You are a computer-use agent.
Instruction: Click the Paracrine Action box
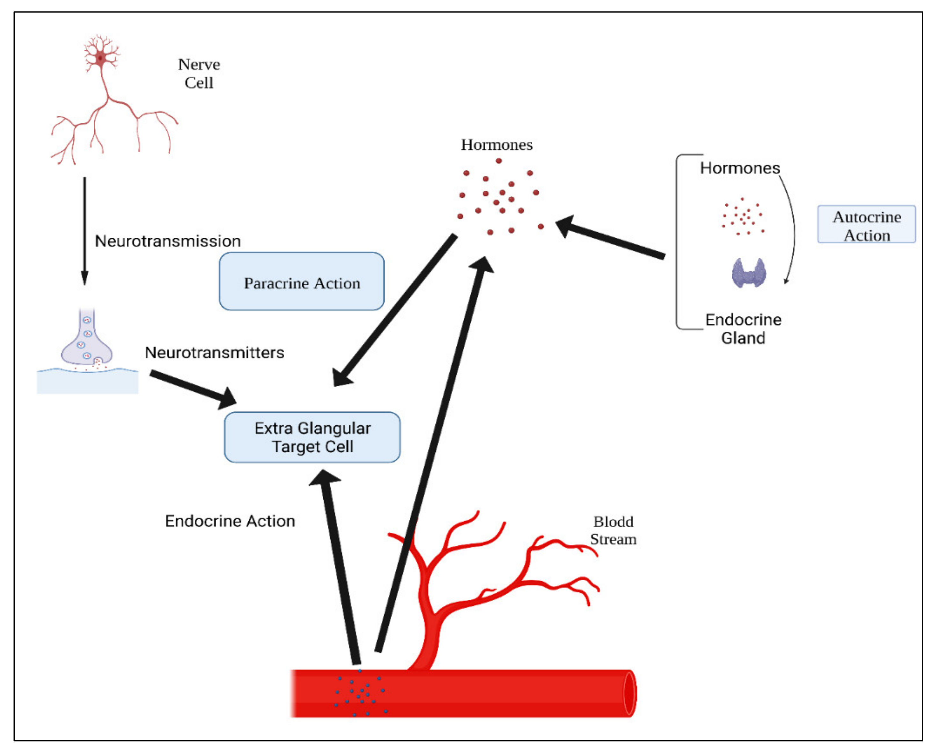click(x=302, y=282)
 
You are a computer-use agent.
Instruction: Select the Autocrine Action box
click(x=866, y=224)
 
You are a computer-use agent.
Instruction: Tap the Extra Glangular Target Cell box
click(x=312, y=437)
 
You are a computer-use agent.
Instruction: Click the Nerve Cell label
click(x=199, y=74)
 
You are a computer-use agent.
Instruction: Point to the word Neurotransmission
click(x=168, y=241)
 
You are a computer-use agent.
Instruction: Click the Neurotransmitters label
click(x=215, y=353)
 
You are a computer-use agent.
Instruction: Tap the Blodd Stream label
click(x=613, y=531)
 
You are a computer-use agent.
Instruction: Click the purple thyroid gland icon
click(x=749, y=273)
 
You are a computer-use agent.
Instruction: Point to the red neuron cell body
click(x=101, y=57)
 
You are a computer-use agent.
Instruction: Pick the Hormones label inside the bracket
click(x=740, y=168)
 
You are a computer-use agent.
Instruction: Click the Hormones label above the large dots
click(x=496, y=145)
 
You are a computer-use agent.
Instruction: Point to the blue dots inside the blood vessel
click(x=360, y=693)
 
